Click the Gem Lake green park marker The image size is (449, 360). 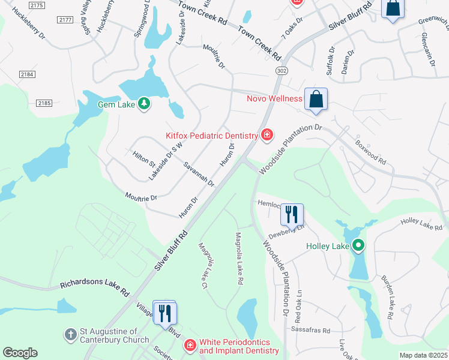pos(143,104)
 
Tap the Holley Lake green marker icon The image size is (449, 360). pos(358,245)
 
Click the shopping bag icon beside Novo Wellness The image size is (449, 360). pos(316,100)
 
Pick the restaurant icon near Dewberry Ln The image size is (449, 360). pos(292,214)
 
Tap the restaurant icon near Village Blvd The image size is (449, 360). pos(164,312)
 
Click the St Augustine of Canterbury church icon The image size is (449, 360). pos(70,334)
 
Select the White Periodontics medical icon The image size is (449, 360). pos(190,345)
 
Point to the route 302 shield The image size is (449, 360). pos(280,71)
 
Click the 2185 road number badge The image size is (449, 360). pos(44,103)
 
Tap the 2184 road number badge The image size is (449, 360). pos(27,74)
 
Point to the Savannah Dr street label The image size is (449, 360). pos(199,174)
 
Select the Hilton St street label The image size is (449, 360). pos(144,159)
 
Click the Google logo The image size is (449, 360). pos(20,353)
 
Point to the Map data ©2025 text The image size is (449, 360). pos(423,355)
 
